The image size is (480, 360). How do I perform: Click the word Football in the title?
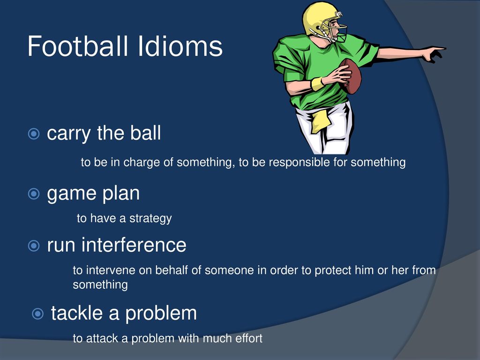(78, 46)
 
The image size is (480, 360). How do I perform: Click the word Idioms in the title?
(180, 46)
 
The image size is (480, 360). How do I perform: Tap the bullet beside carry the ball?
(34, 134)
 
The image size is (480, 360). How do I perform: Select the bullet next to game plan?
(34, 194)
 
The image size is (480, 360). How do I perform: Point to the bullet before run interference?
(34, 246)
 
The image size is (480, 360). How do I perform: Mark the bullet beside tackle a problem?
(37, 314)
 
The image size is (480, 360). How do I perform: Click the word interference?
(134, 245)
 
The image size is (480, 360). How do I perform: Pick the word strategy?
(150, 218)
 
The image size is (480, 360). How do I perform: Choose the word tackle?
(77, 313)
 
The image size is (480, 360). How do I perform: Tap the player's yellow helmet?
(322, 19)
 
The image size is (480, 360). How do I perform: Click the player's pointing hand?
(434, 53)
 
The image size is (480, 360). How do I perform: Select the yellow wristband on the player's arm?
(317, 83)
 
